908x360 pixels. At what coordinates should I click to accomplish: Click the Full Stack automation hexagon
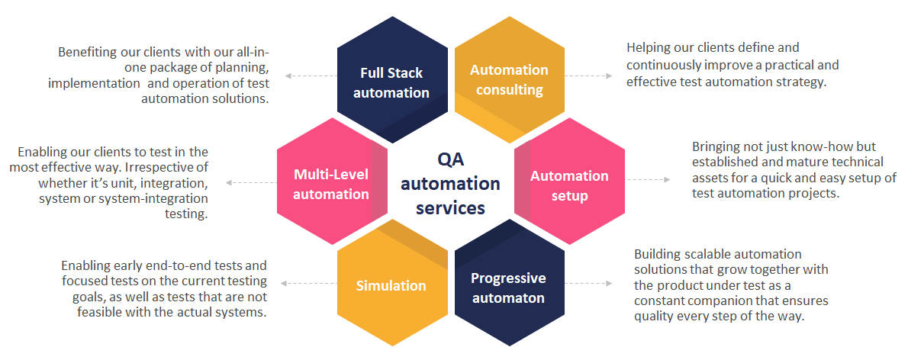[x=392, y=80]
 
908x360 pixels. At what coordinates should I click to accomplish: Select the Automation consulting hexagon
[x=509, y=80]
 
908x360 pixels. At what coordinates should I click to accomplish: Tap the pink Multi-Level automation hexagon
[x=331, y=182]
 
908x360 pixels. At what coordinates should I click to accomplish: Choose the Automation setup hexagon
[x=570, y=182]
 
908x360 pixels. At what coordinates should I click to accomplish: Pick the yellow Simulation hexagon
[x=392, y=283]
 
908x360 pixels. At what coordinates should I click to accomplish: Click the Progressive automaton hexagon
[x=509, y=283]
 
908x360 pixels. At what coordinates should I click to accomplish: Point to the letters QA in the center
[x=450, y=159]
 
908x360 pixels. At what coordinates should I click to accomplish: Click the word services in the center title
[x=450, y=207]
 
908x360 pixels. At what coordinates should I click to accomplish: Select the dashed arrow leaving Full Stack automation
[x=311, y=76]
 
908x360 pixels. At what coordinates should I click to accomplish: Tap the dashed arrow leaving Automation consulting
[x=588, y=76]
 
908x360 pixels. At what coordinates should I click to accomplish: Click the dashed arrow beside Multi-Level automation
[x=251, y=182]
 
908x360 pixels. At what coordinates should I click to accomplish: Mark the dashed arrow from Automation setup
[x=648, y=179]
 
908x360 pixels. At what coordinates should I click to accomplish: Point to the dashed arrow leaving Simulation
[x=309, y=283]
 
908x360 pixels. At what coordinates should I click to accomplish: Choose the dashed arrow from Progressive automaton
[x=588, y=283]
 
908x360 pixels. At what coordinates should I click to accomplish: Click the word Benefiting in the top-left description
[x=86, y=52]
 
